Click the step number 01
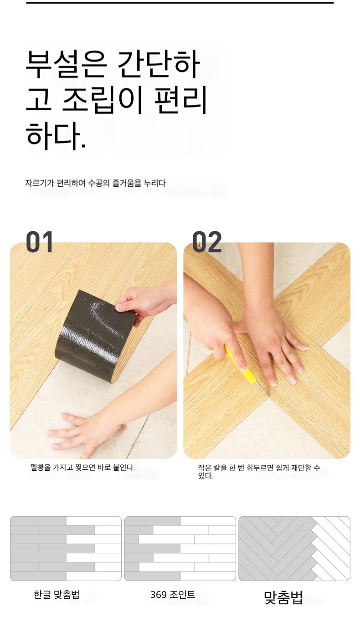(39, 242)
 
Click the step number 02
(207, 242)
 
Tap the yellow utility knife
(242, 367)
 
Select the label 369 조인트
(173, 594)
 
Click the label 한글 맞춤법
(57, 594)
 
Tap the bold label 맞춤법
(283, 597)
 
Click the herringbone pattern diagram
(294, 548)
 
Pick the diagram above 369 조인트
(180, 548)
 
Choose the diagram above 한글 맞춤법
(66, 548)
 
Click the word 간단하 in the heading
(158, 64)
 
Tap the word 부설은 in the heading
(66, 64)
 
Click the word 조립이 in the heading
(102, 100)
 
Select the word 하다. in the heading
(56, 136)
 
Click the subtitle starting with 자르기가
(95, 183)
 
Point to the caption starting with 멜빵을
(82, 468)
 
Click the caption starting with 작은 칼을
(259, 471)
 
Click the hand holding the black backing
(145, 302)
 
